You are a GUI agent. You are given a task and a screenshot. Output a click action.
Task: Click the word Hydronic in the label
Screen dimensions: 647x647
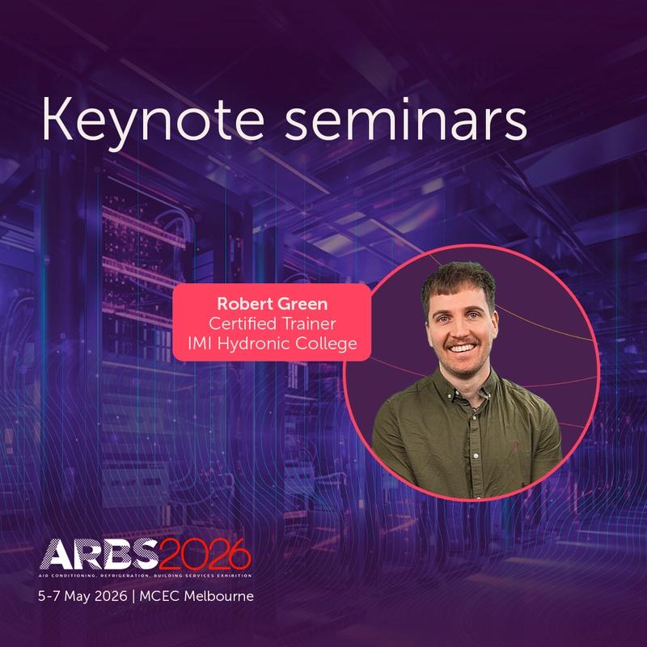[263, 345]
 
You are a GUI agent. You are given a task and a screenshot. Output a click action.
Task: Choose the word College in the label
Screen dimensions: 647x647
[329, 345]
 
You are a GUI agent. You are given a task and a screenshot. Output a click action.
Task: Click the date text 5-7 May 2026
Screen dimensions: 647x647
[78, 598]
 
